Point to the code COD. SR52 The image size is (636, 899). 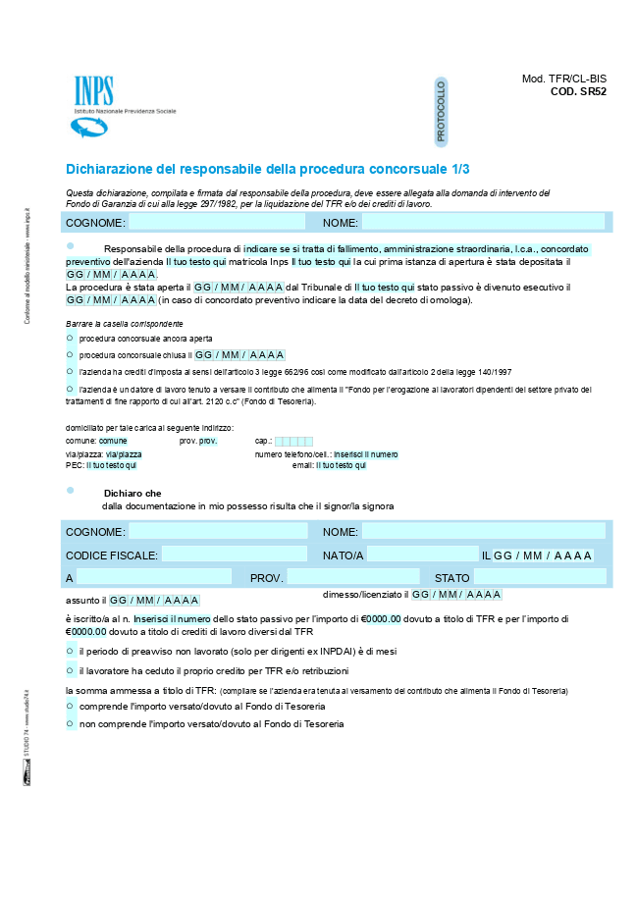pyautogui.click(x=578, y=91)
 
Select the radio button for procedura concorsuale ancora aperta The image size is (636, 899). pyautogui.click(x=70, y=337)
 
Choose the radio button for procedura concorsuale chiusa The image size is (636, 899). pyautogui.click(x=70, y=354)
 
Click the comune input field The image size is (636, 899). pyautogui.click(x=113, y=442)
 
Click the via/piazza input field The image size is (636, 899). pyautogui.click(x=124, y=454)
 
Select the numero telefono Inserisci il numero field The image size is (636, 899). pyautogui.click(x=365, y=454)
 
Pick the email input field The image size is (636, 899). pyautogui.click(x=341, y=465)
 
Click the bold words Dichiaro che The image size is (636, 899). pyautogui.click(x=132, y=493)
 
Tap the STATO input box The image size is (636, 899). pyautogui.click(x=540, y=577)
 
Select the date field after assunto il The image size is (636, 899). pyautogui.click(x=154, y=600)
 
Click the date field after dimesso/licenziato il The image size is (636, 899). pyautogui.click(x=456, y=595)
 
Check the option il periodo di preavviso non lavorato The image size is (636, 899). pyautogui.click(x=70, y=651)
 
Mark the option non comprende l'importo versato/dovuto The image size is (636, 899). pyautogui.click(x=70, y=723)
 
